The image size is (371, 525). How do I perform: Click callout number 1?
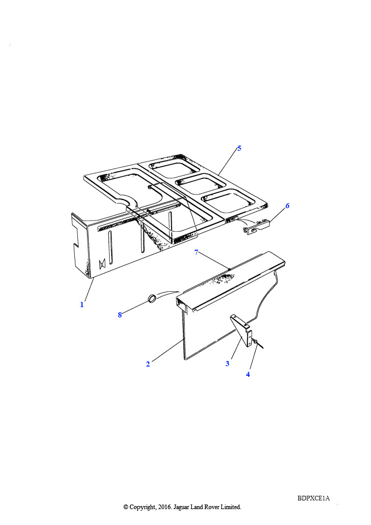[81, 305]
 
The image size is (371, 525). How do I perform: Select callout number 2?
[148, 364]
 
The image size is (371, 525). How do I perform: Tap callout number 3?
[228, 364]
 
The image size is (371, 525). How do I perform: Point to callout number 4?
[248, 374]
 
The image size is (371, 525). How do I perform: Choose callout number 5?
[239, 148]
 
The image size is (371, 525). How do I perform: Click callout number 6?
[287, 206]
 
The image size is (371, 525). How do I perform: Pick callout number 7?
[196, 252]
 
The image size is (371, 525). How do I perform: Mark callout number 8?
[120, 315]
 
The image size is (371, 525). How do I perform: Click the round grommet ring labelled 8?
[152, 298]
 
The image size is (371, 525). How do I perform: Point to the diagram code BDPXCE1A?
[314, 498]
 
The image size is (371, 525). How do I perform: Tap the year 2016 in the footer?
[164, 507]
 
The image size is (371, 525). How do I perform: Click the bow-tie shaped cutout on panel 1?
[102, 264]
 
